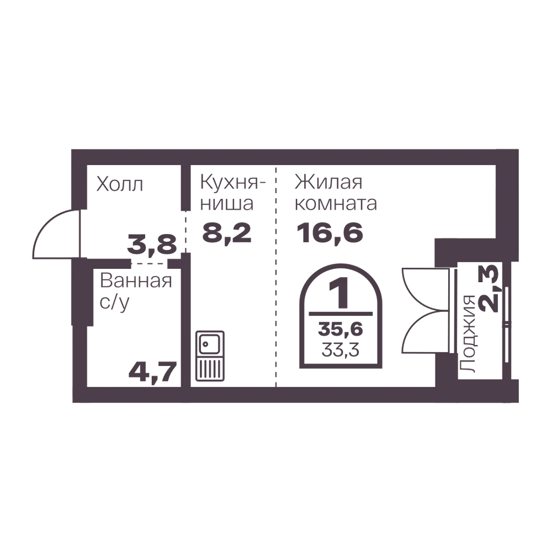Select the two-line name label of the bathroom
136,290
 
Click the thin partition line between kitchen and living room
277,276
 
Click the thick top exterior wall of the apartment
293,156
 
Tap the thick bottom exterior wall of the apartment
293,395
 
